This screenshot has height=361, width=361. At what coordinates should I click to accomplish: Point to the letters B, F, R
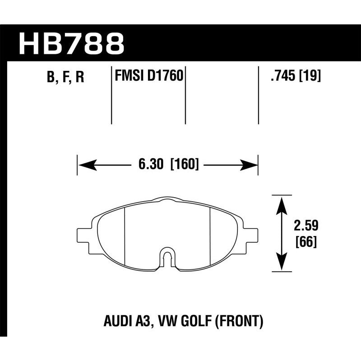[65, 77]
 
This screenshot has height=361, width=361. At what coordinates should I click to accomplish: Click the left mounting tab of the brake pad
[84, 235]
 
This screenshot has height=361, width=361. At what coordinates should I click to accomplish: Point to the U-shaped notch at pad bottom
[167, 259]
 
